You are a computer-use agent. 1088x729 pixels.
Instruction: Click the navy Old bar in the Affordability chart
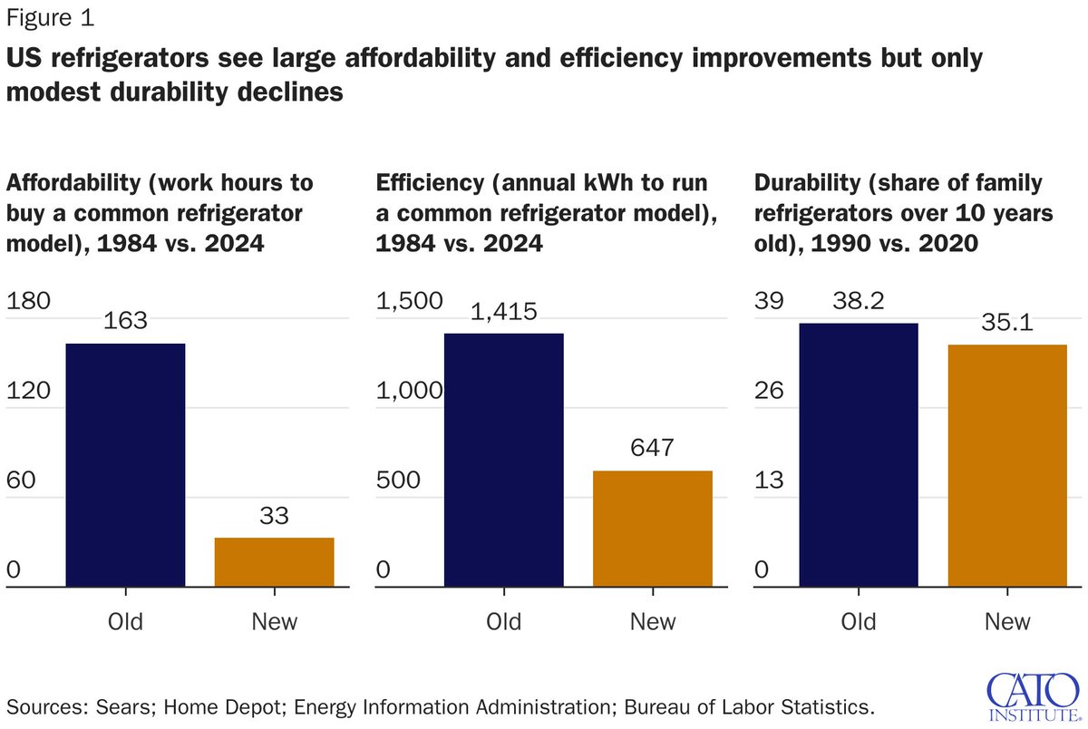tap(125, 465)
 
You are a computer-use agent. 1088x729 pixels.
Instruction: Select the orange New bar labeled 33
tap(275, 562)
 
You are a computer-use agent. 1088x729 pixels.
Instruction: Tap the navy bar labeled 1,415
tap(504, 460)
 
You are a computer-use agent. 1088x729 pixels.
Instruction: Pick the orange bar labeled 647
tap(653, 529)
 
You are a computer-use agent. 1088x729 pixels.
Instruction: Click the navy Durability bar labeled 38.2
tap(859, 454)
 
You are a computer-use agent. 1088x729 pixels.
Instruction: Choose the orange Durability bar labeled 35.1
tap(1007, 466)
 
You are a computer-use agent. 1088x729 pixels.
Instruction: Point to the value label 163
tap(125, 321)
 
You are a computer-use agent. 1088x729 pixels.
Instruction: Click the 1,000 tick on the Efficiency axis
tap(409, 391)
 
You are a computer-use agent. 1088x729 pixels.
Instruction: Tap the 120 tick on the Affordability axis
tap(28, 391)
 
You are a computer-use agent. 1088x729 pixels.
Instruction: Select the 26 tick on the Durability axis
tap(769, 391)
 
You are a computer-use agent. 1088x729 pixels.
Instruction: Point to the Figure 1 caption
tap(50, 18)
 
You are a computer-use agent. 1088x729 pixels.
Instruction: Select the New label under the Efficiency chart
tap(653, 622)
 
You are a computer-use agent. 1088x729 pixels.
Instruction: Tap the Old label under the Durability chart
tap(859, 622)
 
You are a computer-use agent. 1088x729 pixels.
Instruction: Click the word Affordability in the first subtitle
tap(73, 183)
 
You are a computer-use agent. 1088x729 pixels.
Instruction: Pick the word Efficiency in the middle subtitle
tap(430, 183)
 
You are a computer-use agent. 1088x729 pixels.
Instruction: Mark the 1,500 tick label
tap(409, 301)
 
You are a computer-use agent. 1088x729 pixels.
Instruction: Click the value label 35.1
tap(1007, 322)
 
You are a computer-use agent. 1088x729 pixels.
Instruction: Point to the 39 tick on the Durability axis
tap(769, 301)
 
